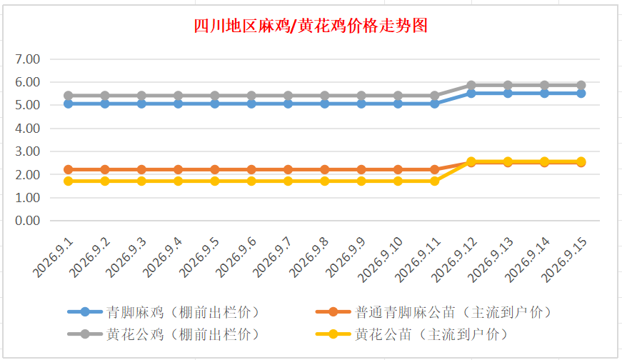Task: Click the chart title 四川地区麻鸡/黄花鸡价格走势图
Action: [x=311, y=26]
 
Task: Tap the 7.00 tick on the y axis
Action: [x=27, y=59]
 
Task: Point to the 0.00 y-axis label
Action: [x=27, y=221]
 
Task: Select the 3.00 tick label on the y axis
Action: [x=27, y=151]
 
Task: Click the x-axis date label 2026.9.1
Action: [x=53, y=258]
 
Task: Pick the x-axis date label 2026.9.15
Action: [x=564, y=259]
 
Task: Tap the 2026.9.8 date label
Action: [x=309, y=258]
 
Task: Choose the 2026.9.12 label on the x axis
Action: [x=454, y=259]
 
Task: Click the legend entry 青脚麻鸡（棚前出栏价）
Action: [x=164, y=312]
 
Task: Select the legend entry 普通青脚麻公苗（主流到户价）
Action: [x=434, y=312]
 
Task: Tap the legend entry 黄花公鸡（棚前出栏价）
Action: [x=164, y=334]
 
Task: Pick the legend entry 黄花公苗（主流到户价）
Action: [x=412, y=334]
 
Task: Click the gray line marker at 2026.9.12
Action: [x=471, y=85]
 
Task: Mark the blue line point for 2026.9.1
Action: [x=69, y=104]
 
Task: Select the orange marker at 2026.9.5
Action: [x=215, y=169]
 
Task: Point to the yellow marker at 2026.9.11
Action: [x=434, y=181]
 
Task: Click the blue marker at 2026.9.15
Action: [x=581, y=94]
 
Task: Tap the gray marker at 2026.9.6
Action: [x=251, y=96]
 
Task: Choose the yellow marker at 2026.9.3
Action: [x=141, y=181]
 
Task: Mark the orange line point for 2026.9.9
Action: [x=361, y=169]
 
